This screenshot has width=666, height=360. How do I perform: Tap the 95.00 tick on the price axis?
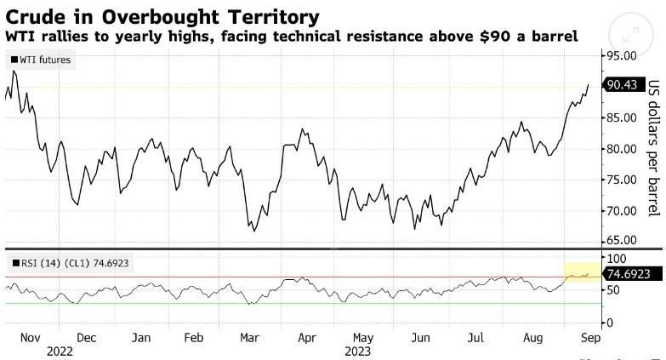pyautogui.click(x=622, y=55)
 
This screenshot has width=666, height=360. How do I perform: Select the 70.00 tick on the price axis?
pyautogui.click(x=622, y=211)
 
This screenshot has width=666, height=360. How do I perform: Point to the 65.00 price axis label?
pyautogui.click(x=622, y=241)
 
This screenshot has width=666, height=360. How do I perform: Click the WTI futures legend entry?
pyautogui.click(x=43, y=60)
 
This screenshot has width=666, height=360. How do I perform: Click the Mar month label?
pyautogui.click(x=249, y=337)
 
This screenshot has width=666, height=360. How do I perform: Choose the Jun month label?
pyautogui.click(x=419, y=337)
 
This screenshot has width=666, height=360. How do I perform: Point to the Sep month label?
pyautogui.click(x=587, y=337)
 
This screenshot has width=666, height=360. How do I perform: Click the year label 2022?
pyautogui.click(x=60, y=350)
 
